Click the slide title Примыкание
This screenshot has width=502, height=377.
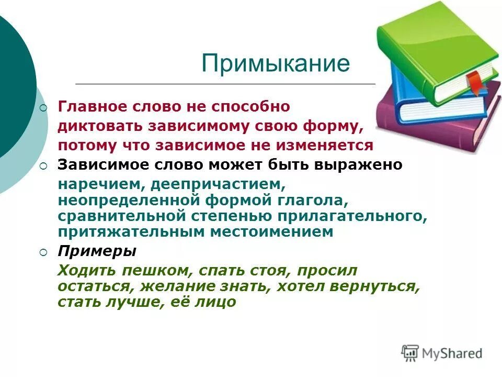click(275, 64)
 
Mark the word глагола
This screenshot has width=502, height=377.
click(316, 200)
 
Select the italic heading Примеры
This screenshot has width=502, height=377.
click(97, 251)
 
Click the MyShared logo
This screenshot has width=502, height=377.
click(442, 353)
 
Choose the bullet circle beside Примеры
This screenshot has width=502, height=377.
click(43, 252)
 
